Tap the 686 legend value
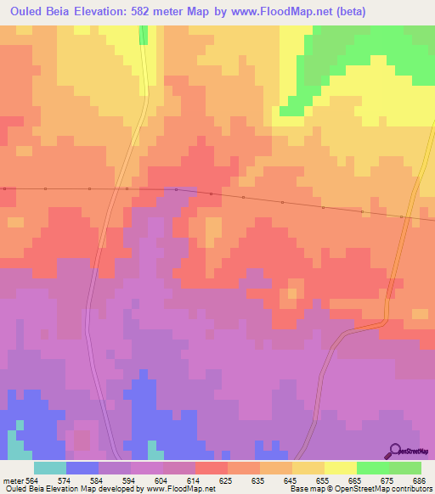click(421, 480)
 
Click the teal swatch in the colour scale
click(50, 468)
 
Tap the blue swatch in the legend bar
click(82, 468)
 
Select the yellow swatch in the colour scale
click(341, 468)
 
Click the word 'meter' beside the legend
click(14, 480)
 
